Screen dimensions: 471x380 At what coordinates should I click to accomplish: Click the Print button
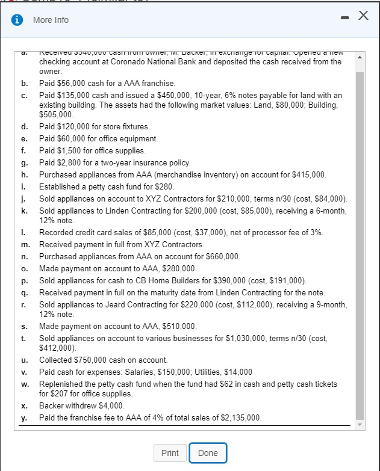(170, 453)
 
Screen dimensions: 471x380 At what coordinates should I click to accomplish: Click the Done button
(208, 453)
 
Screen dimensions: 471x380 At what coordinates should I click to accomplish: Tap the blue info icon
(18, 20)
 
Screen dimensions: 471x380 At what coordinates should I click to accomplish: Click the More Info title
(51, 20)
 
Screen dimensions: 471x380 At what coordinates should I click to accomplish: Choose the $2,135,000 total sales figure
(237, 417)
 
